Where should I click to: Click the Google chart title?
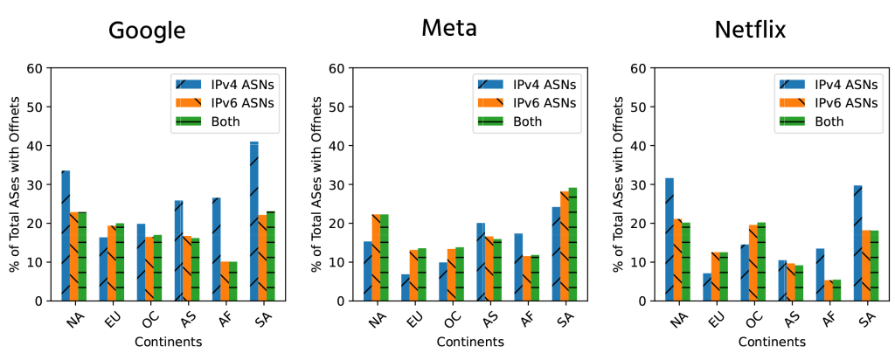tap(147, 31)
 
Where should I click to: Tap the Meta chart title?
tap(448, 28)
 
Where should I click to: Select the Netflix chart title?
tap(750, 31)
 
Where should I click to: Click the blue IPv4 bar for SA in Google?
tap(253, 221)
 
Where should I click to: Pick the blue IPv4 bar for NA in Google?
tap(66, 236)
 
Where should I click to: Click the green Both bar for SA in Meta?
tap(573, 244)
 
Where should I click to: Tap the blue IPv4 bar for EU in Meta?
tap(405, 287)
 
